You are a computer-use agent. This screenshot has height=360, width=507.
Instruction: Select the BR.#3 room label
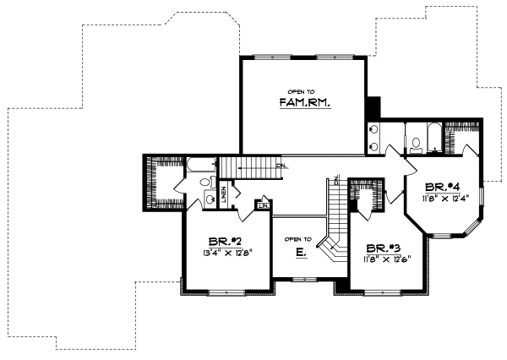click(384, 248)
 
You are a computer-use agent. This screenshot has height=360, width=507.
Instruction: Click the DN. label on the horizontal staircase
click(281, 166)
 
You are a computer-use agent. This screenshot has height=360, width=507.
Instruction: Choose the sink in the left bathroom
click(208, 199)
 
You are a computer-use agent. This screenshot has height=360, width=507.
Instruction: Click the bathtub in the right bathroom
click(431, 134)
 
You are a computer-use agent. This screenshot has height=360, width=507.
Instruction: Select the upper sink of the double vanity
click(373, 129)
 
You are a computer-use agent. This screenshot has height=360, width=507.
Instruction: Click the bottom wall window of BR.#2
click(223, 292)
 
